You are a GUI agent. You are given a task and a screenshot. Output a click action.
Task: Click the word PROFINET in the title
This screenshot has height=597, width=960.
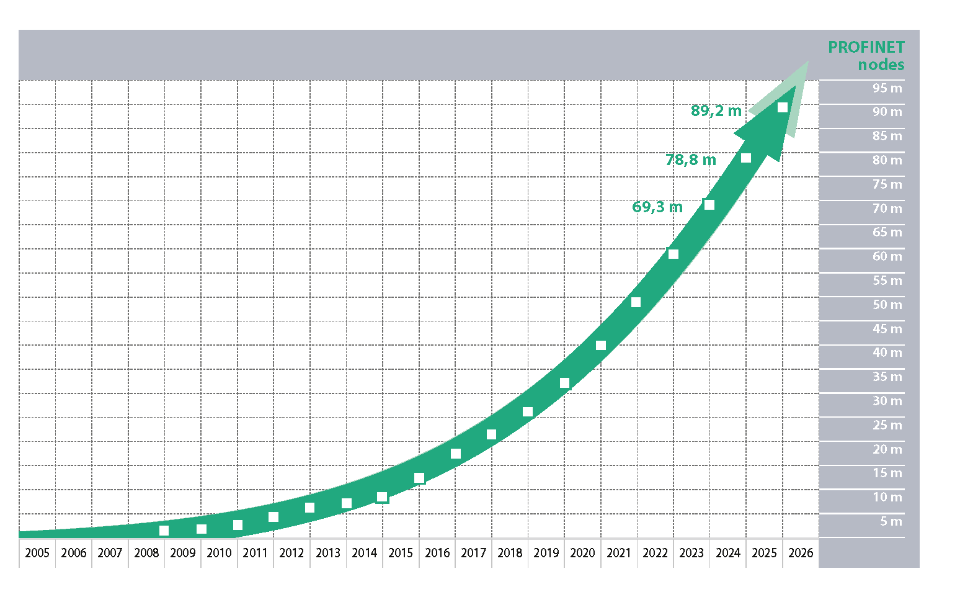(866, 47)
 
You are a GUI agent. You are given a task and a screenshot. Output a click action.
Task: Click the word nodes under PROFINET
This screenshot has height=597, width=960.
(881, 65)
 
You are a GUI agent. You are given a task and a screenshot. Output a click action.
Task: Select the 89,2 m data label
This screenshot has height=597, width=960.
(716, 111)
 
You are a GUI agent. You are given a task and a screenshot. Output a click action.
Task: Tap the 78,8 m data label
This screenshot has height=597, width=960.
(690, 160)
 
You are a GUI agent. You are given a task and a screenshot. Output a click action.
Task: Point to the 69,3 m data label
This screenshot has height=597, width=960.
(657, 207)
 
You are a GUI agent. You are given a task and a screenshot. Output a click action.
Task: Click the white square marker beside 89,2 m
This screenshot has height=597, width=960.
(783, 108)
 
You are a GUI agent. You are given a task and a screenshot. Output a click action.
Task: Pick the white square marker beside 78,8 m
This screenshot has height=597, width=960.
(746, 158)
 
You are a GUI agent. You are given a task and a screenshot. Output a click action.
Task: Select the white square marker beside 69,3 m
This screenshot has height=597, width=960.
(709, 205)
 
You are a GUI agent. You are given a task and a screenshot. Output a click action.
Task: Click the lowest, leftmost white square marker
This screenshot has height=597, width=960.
(164, 531)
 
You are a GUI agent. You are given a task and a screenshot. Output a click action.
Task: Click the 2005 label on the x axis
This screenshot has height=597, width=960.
(37, 553)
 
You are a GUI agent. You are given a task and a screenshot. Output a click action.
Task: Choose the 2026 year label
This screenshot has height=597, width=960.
(801, 553)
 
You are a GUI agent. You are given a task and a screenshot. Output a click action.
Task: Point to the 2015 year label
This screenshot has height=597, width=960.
(401, 553)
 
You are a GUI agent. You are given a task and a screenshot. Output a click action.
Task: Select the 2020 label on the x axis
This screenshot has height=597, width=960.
(582, 553)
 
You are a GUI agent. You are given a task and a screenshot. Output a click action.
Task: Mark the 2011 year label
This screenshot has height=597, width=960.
(255, 553)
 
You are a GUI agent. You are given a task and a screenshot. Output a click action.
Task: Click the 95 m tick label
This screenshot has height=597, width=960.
(887, 88)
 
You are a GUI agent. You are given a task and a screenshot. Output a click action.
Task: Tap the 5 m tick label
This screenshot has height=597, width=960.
(891, 521)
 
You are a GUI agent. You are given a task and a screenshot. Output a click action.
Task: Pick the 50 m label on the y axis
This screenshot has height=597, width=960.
(887, 305)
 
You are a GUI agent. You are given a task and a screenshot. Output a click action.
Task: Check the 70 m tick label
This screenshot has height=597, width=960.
(887, 209)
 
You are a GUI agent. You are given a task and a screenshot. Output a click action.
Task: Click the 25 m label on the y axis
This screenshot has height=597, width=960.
(887, 425)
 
